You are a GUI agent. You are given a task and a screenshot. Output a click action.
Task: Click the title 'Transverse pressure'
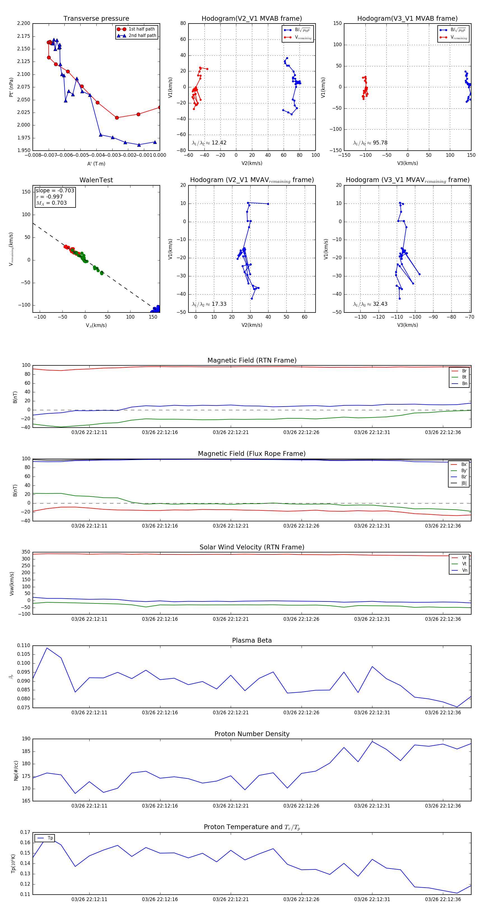point(96,19)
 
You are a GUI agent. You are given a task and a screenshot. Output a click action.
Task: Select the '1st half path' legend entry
point(141,29)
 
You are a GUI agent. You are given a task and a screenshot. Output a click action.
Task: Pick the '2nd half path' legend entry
point(142,36)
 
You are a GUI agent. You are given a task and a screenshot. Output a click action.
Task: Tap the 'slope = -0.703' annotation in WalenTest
point(55,190)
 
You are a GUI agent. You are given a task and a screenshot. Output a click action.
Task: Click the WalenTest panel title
point(96,180)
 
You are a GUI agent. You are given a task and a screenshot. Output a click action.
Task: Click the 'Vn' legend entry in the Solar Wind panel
point(464,570)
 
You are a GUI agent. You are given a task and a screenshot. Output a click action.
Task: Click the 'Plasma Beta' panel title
point(252,641)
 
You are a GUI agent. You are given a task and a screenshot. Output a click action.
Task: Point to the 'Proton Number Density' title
point(252,734)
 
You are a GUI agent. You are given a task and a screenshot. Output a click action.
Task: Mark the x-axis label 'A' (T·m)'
point(96,164)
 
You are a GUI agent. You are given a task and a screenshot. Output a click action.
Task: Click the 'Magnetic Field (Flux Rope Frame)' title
point(252,454)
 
